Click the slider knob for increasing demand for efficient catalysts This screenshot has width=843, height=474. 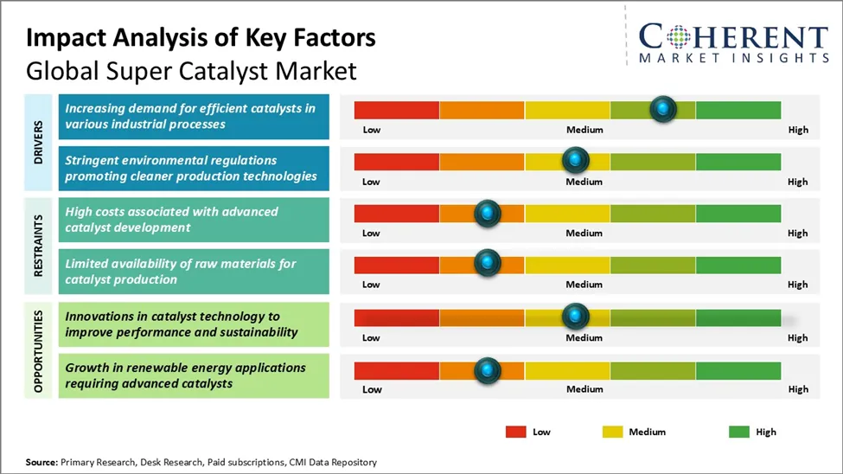tap(662, 109)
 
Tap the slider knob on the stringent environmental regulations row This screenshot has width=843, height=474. tap(575, 160)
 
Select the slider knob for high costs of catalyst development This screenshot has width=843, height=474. tap(488, 213)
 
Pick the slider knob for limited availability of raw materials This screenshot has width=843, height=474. tap(488, 263)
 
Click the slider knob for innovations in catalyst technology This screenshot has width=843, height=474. tap(575, 317)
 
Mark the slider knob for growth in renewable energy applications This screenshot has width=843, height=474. tap(488, 370)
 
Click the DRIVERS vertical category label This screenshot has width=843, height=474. tap(39, 143)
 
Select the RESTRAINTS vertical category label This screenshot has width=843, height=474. tap(39, 246)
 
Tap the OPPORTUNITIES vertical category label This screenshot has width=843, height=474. tap(39, 349)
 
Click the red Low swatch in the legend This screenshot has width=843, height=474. tap(516, 432)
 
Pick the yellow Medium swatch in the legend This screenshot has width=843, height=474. tap(612, 432)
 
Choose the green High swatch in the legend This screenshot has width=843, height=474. tap(740, 432)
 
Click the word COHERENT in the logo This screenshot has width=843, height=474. tap(733, 37)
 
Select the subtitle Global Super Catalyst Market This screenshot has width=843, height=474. tap(191, 69)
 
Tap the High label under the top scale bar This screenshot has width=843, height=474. tap(797, 130)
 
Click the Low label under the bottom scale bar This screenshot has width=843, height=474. tap(372, 389)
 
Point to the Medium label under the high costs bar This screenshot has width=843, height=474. tap(584, 233)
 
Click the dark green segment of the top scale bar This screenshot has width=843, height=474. tap(738, 110)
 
